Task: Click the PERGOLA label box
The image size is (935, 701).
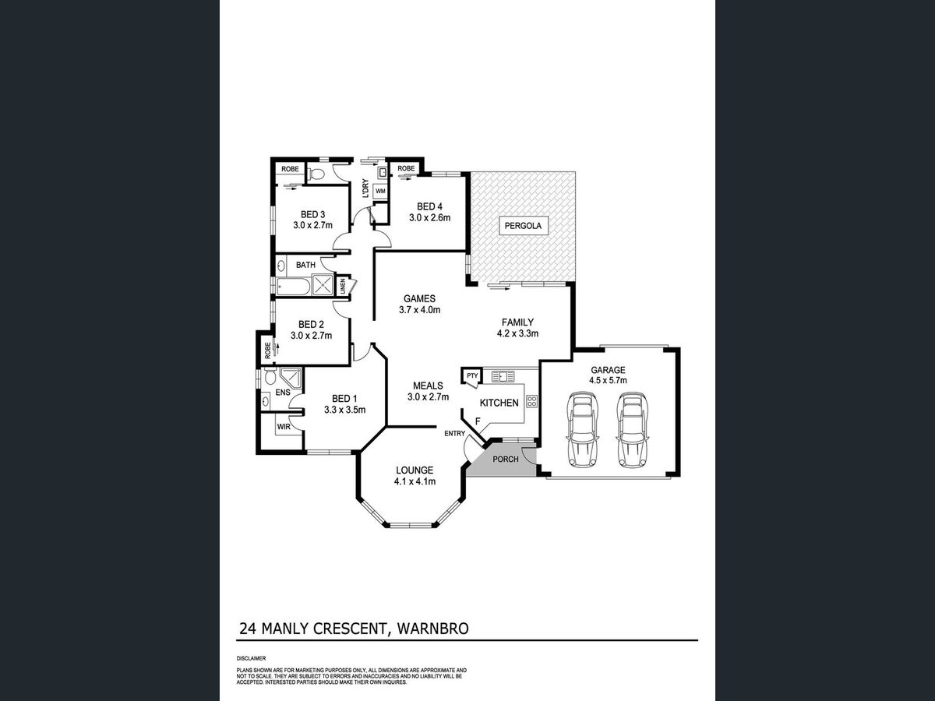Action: (x=523, y=226)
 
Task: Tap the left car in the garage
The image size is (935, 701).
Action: (x=582, y=429)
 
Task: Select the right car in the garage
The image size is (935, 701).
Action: (x=633, y=429)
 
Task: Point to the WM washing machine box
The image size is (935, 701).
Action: (x=380, y=191)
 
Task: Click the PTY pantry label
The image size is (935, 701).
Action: (x=472, y=375)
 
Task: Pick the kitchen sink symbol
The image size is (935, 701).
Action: (x=503, y=376)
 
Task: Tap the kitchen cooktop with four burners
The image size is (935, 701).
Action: (x=532, y=401)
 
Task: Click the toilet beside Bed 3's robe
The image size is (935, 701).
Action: (x=316, y=174)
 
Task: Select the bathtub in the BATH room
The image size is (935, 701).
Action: (x=293, y=286)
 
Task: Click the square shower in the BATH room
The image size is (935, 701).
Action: (x=323, y=285)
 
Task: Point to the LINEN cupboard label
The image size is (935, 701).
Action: (x=343, y=287)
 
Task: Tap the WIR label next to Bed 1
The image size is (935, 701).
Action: (x=284, y=427)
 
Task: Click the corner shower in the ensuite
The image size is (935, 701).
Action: (x=293, y=378)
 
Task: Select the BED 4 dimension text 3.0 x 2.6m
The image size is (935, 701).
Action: (x=430, y=218)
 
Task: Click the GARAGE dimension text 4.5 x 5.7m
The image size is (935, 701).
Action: (x=608, y=381)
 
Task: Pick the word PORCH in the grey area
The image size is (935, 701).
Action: (x=506, y=460)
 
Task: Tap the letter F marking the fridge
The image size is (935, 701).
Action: (x=478, y=421)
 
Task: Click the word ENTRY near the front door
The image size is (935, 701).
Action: (x=454, y=434)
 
